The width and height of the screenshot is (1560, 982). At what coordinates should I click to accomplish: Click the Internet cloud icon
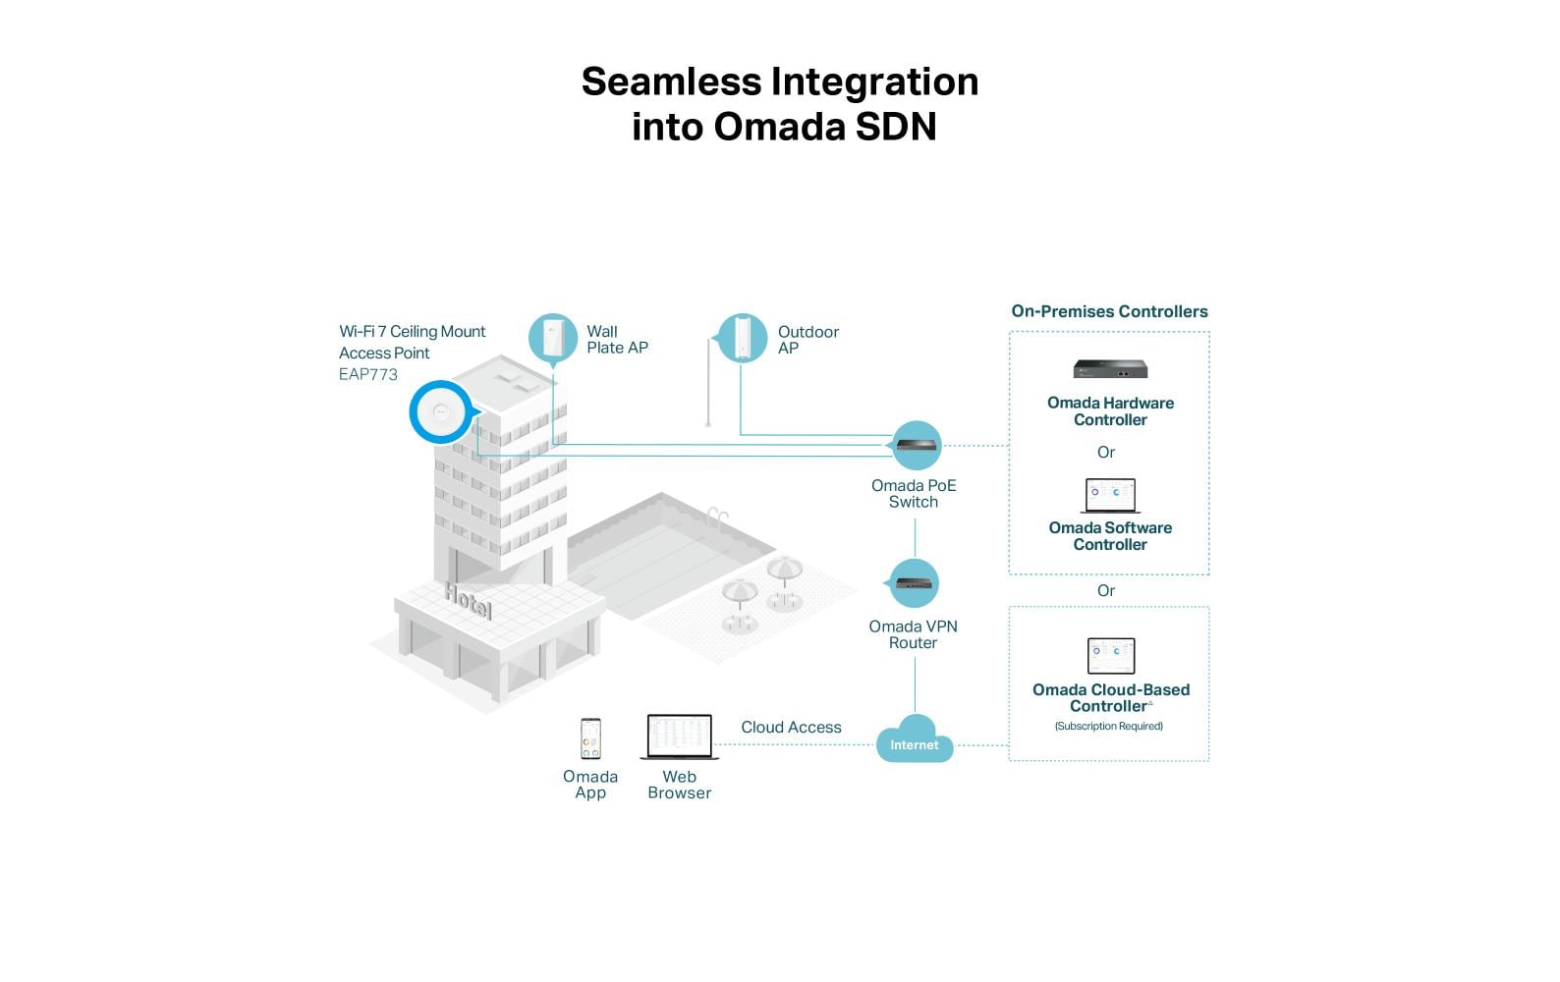click(914, 743)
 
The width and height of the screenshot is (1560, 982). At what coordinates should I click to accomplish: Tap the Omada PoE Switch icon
click(916, 446)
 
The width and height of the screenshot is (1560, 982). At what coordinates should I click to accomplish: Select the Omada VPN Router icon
click(915, 583)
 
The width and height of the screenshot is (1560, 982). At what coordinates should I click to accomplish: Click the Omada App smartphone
click(590, 738)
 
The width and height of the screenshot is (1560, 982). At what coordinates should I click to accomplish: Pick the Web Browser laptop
click(680, 736)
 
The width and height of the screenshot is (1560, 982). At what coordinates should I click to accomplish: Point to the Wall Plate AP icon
click(552, 338)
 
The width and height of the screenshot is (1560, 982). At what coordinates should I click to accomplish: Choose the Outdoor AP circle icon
click(742, 338)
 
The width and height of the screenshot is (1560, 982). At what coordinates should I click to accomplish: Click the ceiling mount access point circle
click(440, 411)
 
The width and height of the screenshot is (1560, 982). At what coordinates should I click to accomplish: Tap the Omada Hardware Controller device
click(1110, 369)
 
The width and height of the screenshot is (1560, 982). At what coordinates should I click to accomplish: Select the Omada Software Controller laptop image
click(1110, 495)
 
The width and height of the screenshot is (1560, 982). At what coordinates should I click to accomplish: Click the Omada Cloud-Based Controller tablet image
click(1111, 656)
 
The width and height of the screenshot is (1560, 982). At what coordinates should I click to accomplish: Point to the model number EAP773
click(368, 374)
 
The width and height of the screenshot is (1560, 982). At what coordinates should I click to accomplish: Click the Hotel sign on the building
click(468, 600)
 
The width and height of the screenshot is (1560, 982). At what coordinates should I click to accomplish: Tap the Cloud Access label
click(791, 728)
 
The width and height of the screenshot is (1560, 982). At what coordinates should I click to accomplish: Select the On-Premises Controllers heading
click(1109, 311)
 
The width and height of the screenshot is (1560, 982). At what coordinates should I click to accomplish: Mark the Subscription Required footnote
click(1108, 727)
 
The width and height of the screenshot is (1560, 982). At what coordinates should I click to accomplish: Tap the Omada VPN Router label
click(913, 634)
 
